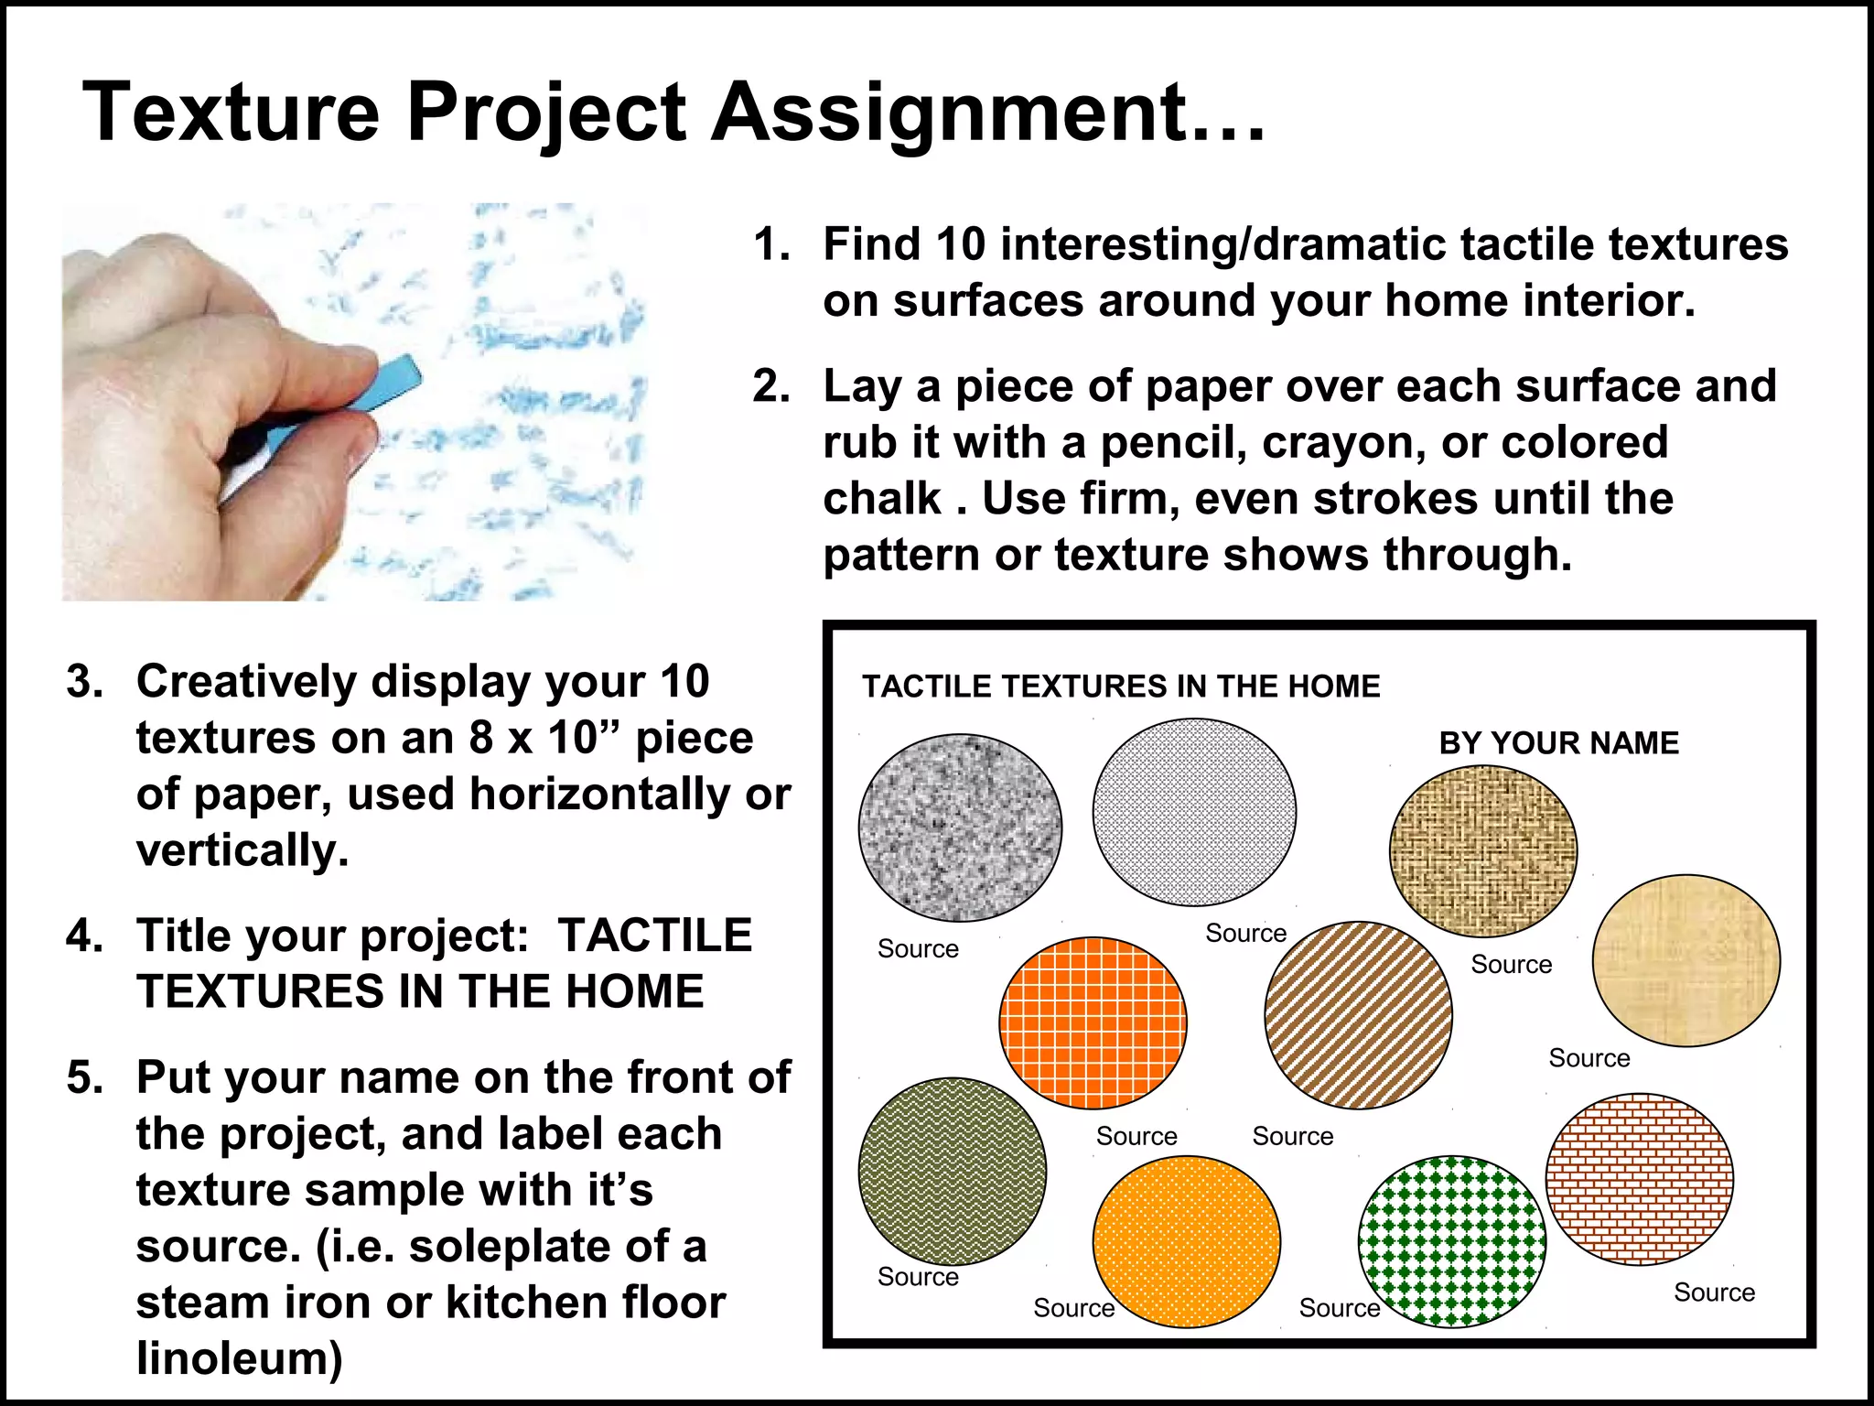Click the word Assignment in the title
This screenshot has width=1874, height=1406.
[x=988, y=114]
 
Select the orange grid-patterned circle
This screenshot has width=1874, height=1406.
[x=1093, y=1022]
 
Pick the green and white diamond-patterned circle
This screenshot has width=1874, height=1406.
[x=1452, y=1240]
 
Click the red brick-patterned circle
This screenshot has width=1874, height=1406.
[x=1639, y=1179]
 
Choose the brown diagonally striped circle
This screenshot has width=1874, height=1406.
[x=1358, y=1015]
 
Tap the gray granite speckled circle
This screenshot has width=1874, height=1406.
[x=960, y=827]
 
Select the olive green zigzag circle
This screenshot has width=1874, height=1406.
[x=952, y=1171]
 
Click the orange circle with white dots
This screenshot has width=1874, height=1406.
[x=1186, y=1241]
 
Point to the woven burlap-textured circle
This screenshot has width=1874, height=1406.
[x=1482, y=851]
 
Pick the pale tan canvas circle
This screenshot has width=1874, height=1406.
[x=1686, y=960]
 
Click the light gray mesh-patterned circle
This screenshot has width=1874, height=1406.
[x=1194, y=812]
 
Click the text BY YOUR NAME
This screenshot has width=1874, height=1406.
[x=1558, y=742]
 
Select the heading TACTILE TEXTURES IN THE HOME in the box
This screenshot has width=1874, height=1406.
[x=1120, y=687]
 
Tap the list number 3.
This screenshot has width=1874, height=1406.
[x=84, y=682]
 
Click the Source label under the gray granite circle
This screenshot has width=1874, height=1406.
[x=918, y=949]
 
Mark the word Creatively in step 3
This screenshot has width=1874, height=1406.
[x=246, y=682]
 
